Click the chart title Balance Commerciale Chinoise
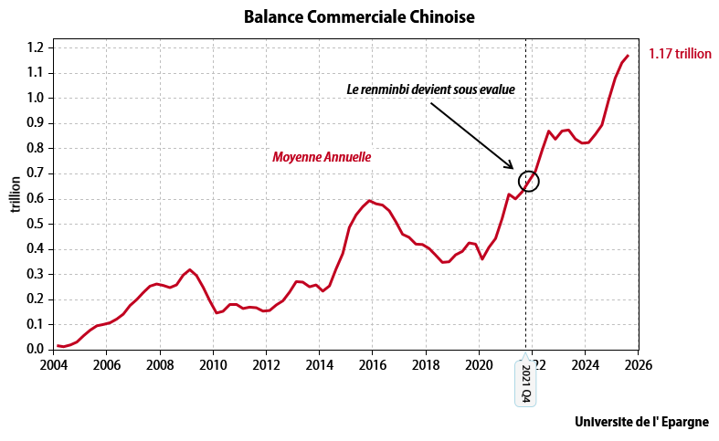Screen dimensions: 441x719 pyautogui.click(x=359, y=17)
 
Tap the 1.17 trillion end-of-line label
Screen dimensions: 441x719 pyautogui.click(x=679, y=54)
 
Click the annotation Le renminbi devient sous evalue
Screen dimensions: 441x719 pyautogui.click(x=430, y=90)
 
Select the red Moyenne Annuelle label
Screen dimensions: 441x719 pyautogui.click(x=322, y=157)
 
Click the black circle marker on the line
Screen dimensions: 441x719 pyautogui.click(x=529, y=181)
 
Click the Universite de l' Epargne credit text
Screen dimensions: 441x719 pyautogui.click(x=641, y=423)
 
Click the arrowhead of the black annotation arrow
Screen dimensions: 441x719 pyautogui.click(x=513, y=168)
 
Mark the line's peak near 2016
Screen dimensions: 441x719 pyautogui.click(x=369, y=201)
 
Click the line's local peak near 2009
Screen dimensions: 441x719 pyautogui.click(x=190, y=269)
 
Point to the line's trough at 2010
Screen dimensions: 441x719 pyautogui.click(x=217, y=313)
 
